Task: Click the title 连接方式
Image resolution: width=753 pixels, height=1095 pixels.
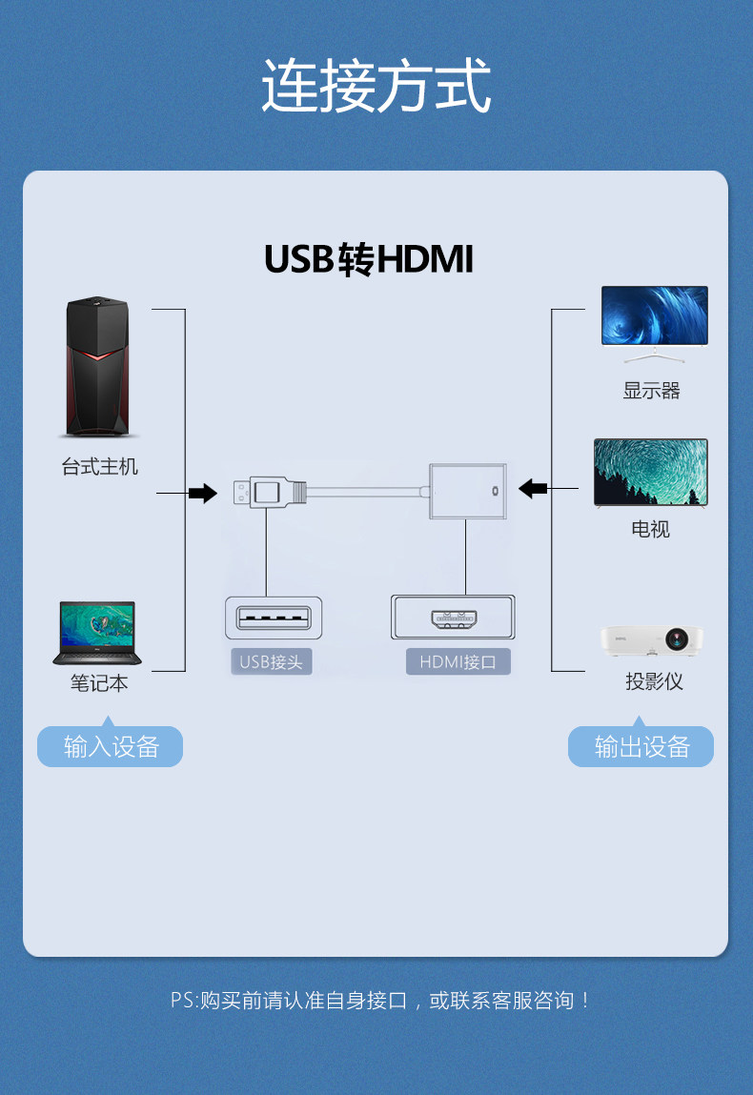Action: [376, 86]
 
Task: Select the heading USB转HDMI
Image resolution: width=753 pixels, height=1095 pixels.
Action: [368, 259]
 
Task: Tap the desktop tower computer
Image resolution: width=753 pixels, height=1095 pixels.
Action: [97, 368]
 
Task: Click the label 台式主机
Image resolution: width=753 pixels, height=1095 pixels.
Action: [100, 467]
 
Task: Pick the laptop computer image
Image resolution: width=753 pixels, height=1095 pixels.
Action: [97, 633]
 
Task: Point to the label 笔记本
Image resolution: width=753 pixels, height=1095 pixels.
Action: [99, 683]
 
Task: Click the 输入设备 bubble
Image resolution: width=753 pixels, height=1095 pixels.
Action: [110, 746]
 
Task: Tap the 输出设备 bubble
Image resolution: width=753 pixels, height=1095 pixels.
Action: [641, 746]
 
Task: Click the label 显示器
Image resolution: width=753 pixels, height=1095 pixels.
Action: [652, 391]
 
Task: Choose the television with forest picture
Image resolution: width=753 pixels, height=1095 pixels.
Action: [651, 473]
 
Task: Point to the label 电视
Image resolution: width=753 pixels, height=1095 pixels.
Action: [651, 529]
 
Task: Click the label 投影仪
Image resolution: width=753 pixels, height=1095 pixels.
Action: [654, 681]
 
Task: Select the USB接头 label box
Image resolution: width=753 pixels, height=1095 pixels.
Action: [271, 661]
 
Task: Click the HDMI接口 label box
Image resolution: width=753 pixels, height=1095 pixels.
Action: [458, 661]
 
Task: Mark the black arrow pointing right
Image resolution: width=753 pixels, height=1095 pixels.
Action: [202, 493]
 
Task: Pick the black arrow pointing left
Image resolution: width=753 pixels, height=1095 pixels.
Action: [533, 489]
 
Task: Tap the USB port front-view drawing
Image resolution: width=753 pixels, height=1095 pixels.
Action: [274, 617]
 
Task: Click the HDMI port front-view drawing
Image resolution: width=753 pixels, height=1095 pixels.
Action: [454, 617]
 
